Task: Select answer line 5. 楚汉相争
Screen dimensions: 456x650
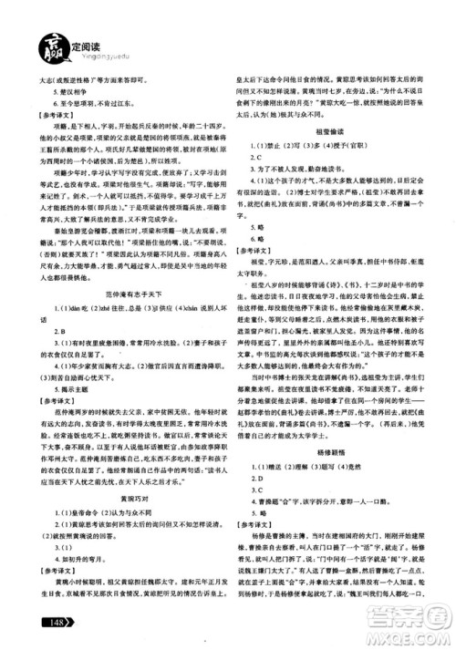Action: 63,92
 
